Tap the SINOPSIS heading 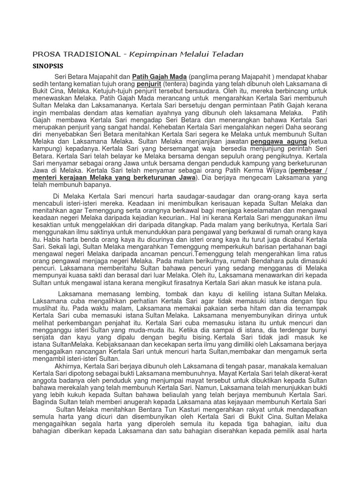tap(48, 66)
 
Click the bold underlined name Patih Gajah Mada tap(159, 76)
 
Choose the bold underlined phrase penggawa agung tap(278, 141)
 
